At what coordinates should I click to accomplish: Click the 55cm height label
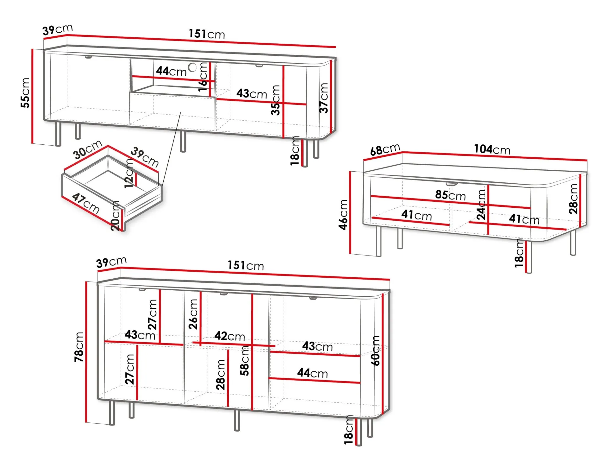(25, 93)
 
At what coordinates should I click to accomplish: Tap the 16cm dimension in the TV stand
(203, 77)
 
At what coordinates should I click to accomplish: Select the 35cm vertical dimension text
(275, 100)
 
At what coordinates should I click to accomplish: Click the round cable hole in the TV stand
(192, 67)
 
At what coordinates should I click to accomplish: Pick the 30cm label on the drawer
(88, 149)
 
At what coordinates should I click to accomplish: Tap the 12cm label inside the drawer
(129, 174)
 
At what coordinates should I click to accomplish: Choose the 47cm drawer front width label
(86, 203)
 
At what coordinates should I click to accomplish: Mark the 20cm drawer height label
(115, 216)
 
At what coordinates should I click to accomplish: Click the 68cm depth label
(385, 149)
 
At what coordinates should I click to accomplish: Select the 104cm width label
(492, 149)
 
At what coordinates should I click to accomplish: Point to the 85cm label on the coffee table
(450, 195)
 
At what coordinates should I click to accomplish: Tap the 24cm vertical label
(481, 205)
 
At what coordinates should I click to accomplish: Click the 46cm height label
(343, 215)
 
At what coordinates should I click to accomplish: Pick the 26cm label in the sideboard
(193, 314)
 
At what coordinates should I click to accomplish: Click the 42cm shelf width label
(230, 336)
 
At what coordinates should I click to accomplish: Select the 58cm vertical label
(245, 361)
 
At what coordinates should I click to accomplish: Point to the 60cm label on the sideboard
(375, 351)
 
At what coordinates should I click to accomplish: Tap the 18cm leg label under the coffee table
(519, 253)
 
